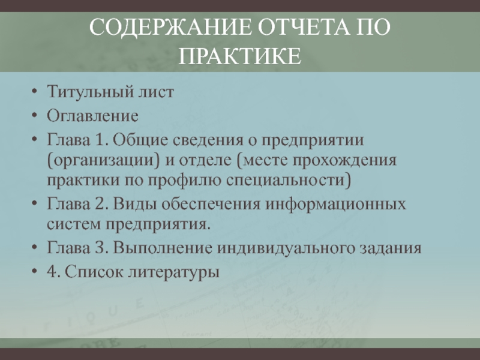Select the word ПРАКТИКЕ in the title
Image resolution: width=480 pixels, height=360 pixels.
coord(239,56)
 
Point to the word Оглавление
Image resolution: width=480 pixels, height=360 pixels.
coord(92,116)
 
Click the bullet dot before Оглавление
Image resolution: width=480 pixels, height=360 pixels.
coord(35,116)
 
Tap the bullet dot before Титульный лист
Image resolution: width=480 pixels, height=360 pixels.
coord(35,91)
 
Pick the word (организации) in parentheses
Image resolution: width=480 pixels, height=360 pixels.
coord(103,160)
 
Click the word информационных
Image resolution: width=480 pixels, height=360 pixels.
coord(335,204)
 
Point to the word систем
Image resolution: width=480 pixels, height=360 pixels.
coord(74,224)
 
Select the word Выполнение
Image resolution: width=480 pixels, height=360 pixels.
coord(163,248)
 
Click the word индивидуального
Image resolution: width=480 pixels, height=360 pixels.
coord(286,248)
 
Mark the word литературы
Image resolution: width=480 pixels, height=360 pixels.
coord(173,272)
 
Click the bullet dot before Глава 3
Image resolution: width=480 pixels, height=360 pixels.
coord(35,247)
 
